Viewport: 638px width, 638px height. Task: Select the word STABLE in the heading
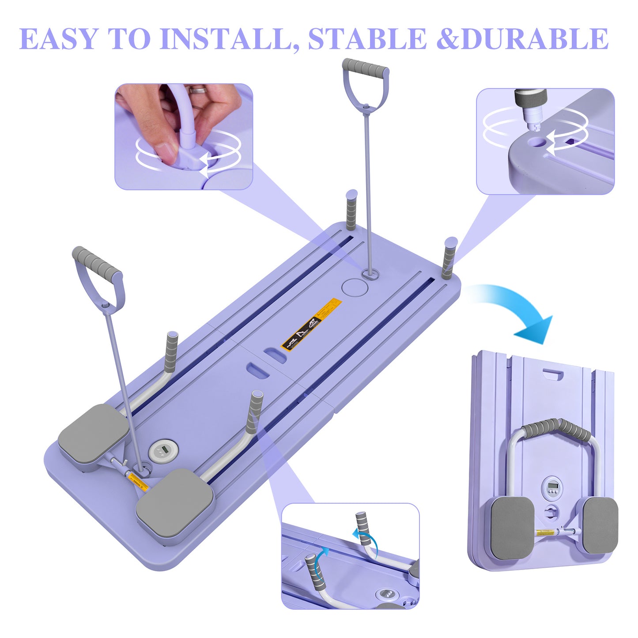[x=367, y=39]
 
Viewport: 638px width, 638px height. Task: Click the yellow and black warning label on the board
[x=312, y=324]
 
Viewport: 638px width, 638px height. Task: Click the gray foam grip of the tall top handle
[x=366, y=68]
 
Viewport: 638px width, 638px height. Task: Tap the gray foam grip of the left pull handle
[x=97, y=262]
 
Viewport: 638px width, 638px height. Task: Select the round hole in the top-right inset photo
[x=538, y=142]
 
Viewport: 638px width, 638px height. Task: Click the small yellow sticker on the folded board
[x=547, y=533]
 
